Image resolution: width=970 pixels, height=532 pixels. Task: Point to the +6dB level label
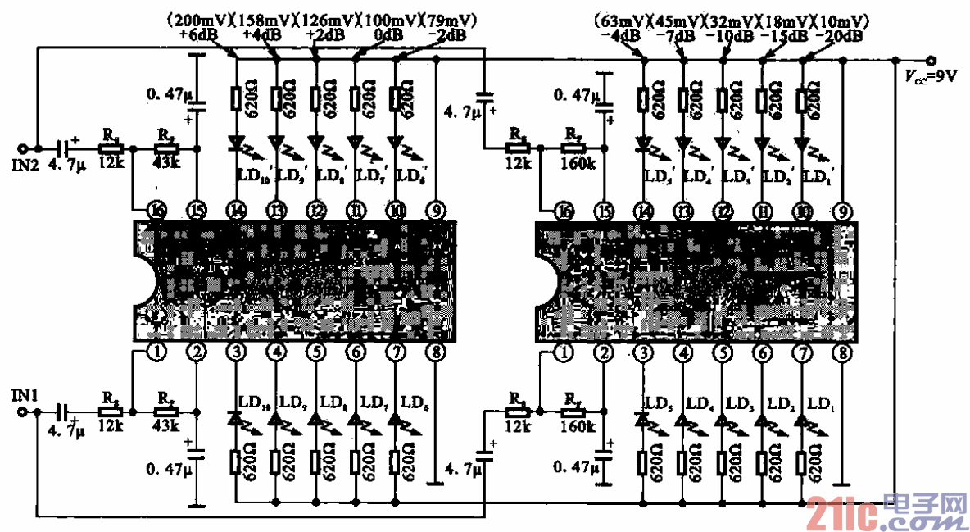[194, 35]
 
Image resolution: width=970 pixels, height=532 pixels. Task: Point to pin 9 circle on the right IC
[841, 211]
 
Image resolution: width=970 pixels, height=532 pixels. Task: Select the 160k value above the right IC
[578, 163]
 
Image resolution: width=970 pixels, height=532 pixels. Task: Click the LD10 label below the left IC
[251, 402]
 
